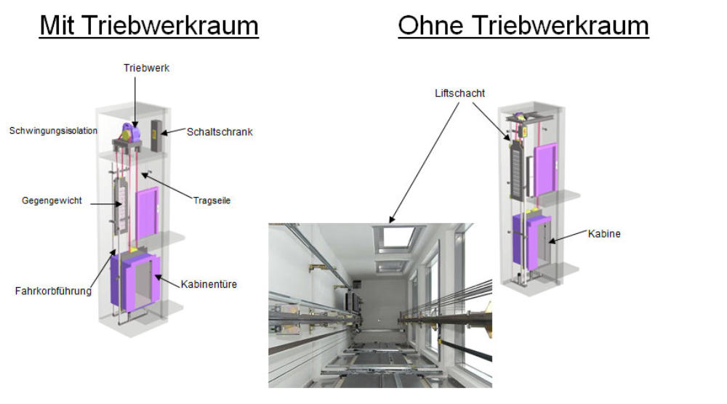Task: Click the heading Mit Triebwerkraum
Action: [149, 25]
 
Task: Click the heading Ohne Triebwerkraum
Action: [523, 25]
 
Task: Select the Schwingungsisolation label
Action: [53, 131]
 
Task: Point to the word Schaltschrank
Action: [220, 132]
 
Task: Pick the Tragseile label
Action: [212, 201]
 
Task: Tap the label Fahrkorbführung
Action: [54, 291]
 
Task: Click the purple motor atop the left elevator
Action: [128, 133]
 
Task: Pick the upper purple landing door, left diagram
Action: [146, 212]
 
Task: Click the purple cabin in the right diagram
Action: [531, 241]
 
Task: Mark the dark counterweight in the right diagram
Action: [517, 167]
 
